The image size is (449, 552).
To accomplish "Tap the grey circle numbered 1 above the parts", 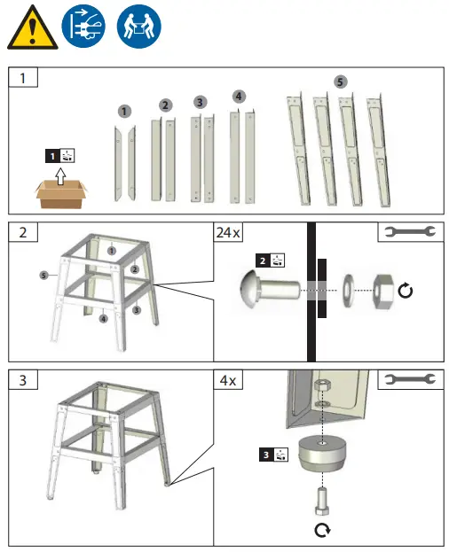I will pos(124,112).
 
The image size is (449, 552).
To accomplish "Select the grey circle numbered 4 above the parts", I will pos(238,96).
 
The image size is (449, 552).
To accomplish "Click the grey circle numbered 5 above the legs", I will pos(341,81).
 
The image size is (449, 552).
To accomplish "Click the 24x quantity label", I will pos(230,234).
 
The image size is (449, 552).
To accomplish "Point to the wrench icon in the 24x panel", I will pos(407,233).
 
